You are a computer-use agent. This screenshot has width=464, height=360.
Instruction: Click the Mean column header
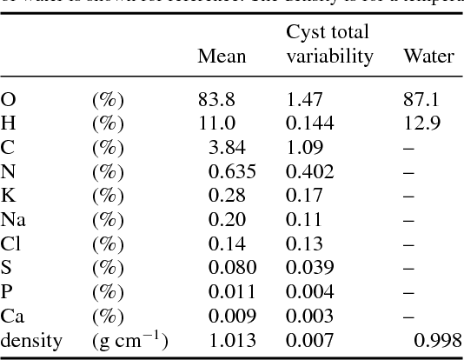(x=222, y=57)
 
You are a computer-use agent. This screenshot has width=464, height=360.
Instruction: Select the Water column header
(x=428, y=57)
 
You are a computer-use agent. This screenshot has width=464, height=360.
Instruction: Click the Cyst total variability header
(x=329, y=44)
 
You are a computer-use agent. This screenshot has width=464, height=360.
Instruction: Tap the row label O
(x=8, y=101)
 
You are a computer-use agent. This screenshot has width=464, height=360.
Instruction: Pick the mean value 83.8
(x=215, y=101)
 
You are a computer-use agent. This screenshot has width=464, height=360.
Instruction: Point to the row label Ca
(x=12, y=317)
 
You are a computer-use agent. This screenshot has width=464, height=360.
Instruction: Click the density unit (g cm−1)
(x=129, y=341)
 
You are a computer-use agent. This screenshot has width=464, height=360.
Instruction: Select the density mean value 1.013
(x=232, y=341)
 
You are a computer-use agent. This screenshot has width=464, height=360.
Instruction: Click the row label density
(x=31, y=341)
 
